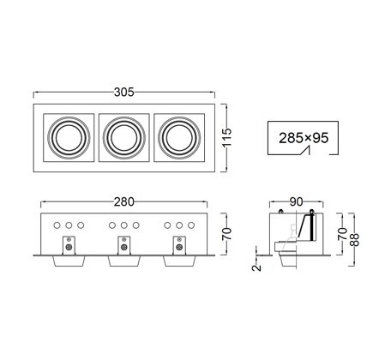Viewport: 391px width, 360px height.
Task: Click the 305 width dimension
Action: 124,92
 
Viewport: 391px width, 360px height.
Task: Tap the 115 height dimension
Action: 227,137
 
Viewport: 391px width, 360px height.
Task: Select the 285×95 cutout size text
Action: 304,138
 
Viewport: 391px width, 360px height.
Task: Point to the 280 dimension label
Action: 124,201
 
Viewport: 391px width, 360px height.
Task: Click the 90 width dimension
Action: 296,201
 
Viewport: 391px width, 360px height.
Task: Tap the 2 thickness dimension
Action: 256,267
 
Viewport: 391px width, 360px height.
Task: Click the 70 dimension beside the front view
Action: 227,234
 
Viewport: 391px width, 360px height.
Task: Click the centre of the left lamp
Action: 69,138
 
